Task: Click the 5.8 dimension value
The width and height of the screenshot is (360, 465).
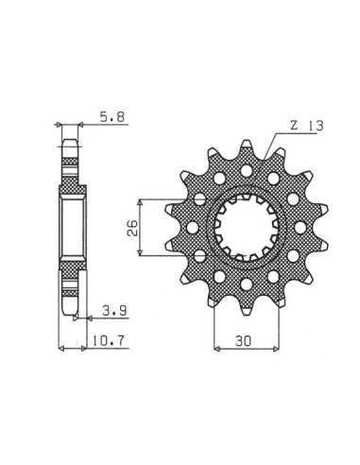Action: point(112,117)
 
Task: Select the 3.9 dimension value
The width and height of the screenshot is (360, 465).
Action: point(114,311)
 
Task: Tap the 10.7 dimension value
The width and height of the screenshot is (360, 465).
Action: point(109,340)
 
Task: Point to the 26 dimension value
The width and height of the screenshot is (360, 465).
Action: point(132,228)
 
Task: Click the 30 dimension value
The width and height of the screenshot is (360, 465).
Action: point(243,341)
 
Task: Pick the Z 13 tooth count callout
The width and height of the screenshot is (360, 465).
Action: point(306,126)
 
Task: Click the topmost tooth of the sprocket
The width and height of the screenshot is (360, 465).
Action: point(247,147)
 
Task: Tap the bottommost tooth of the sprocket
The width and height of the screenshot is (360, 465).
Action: point(247,307)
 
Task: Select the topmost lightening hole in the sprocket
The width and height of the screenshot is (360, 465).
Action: point(247,171)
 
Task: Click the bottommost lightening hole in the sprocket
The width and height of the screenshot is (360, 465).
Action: point(247,284)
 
